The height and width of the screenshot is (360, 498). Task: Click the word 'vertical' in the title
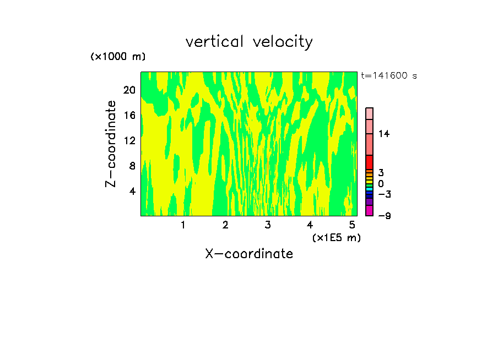pos(215,41)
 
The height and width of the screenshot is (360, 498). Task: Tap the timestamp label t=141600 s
pos(389,75)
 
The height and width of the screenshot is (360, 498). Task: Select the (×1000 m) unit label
pos(118,57)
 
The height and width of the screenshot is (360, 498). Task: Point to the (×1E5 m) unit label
pos(337,237)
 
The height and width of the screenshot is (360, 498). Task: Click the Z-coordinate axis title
pos(111,144)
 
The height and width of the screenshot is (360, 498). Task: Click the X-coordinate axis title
pos(249,254)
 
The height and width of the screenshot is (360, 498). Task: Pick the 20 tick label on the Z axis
pos(129,90)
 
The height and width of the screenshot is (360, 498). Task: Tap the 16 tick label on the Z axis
pos(129,115)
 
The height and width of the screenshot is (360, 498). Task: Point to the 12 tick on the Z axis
pos(129,140)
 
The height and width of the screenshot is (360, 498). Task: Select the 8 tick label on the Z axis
pos(132,166)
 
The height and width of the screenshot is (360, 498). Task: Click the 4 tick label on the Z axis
pos(132,191)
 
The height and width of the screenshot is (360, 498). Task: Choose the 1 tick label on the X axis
pos(183,225)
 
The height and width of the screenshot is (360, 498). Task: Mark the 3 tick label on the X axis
pos(268,225)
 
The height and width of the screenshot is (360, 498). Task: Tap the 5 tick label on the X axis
pos(352,225)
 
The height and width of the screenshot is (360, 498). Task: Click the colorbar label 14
pos(384,134)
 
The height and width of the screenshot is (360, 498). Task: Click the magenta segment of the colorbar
pos(370,210)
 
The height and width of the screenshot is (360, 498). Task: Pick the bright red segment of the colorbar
pos(370,162)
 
